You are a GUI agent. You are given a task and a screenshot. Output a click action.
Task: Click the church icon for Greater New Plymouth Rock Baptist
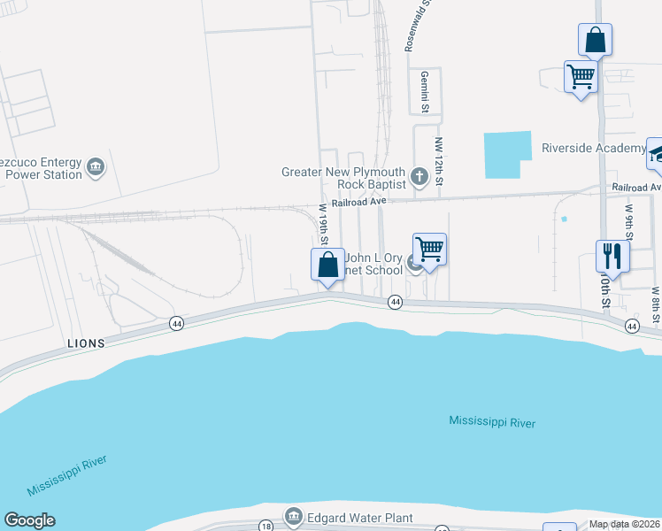point(420,178)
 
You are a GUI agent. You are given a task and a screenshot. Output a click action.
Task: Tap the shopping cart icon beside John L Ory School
point(429,250)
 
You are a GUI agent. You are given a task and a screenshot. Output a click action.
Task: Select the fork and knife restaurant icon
point(612,256)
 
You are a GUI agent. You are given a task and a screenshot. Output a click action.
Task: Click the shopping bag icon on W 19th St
point(327,265)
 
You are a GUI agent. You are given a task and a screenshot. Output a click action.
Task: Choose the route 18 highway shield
point(266,526)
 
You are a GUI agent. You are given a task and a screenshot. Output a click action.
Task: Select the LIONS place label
point(86,342)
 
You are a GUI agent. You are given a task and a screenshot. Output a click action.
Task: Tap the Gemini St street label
point(425,92)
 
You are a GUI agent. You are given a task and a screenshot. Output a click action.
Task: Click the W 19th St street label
point(324,225)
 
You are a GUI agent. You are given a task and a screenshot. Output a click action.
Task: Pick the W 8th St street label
point(656,303)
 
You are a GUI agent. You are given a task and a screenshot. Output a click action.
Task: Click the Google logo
point(29,520)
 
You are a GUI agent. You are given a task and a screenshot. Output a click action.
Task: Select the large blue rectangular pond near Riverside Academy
point(507,155)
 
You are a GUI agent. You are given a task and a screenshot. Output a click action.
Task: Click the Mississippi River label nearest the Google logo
point(66,477)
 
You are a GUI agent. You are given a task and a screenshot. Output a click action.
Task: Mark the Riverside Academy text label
point(593,148)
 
